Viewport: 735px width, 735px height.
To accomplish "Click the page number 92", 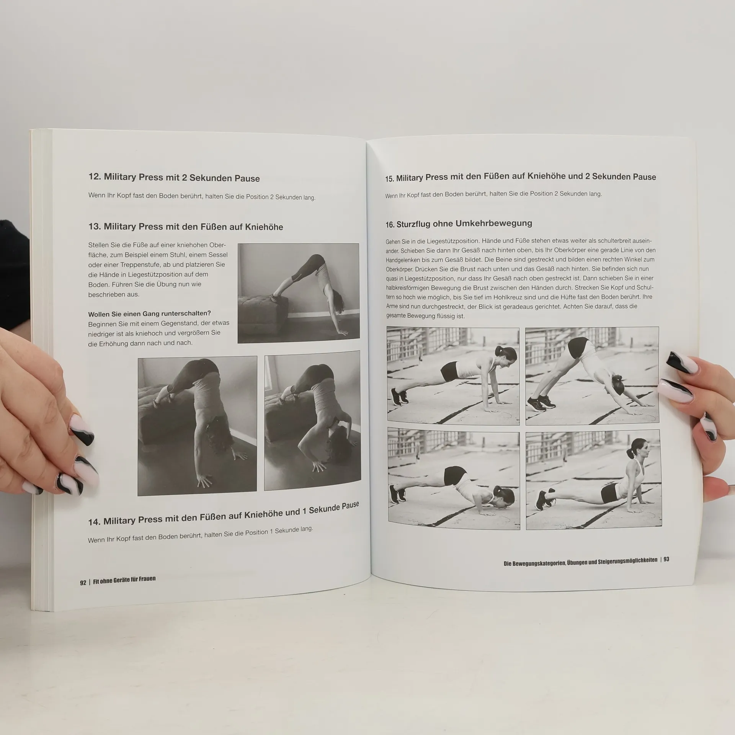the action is coord(83,583).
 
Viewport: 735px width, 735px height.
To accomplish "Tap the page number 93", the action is coord(666,559).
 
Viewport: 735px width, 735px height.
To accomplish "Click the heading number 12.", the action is coord(94,176).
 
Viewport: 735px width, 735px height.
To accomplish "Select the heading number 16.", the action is coord(390,225).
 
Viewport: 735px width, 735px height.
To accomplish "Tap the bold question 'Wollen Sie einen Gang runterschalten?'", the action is coord(149,314).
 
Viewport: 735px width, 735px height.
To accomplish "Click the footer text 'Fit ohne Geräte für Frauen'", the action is coord(124,580).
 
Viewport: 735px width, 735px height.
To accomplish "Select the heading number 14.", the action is coord(94,522).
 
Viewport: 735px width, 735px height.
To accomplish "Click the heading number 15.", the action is coord(390,178).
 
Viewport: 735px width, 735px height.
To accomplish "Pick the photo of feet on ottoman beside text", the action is coord(298,293).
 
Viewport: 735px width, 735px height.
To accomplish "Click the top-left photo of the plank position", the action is coord(453,376).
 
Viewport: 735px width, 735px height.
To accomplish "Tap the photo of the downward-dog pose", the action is coord(592,376).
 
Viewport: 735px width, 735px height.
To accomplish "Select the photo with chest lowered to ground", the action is coord(454,479).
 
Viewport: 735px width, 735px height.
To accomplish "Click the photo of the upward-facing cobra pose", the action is coord(593,479).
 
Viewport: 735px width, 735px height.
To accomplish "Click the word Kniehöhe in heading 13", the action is coord(264,227).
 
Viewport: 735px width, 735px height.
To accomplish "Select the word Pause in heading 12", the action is coord(246,178).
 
